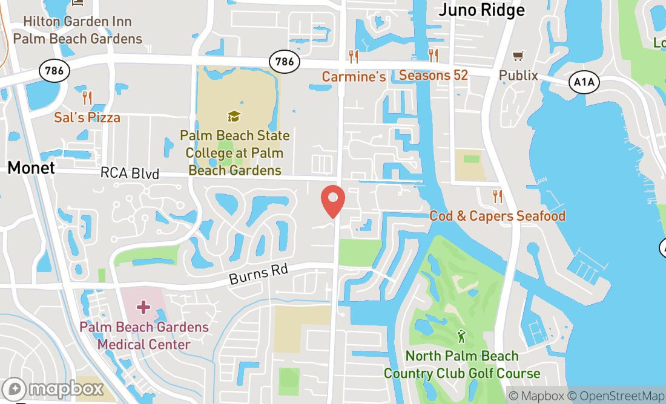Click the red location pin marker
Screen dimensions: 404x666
[332, 201]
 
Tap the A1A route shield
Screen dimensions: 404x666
[582, 82]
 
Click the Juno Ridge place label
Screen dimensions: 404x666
[481, 10]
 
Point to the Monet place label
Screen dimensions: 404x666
[31, 168]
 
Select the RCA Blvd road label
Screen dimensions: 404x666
[130, 174]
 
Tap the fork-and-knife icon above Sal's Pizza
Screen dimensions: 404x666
[87, 97]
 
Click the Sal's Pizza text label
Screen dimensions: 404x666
[87, 117]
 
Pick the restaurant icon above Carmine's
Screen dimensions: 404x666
[354, 57]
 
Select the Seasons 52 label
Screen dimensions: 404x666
[434, 76]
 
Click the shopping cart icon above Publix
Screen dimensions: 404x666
[518, 56]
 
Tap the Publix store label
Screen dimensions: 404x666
[518, 76]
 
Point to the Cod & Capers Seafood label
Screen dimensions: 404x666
[497, 216]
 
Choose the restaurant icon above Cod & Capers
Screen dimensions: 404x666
[498, 196]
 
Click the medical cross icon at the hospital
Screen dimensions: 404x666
[143, 308]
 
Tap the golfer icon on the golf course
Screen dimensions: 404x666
[462, 336]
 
